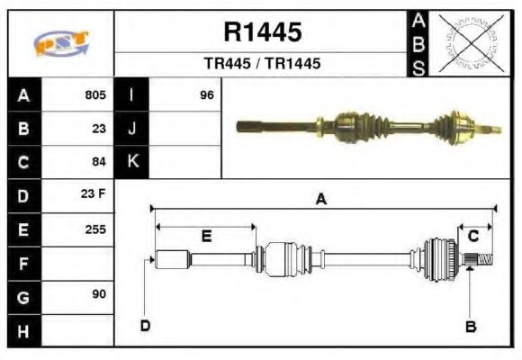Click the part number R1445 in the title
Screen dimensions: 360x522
pos(262,32)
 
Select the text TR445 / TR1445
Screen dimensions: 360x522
pos(262,64)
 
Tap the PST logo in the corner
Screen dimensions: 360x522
pos(61,43)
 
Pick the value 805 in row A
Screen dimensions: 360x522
pos(95,94)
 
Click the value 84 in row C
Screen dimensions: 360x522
pos(99,162)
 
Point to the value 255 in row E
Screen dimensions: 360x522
pos(95,229)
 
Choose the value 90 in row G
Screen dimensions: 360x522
pos(99,295)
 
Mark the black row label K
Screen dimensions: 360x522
pos(132,162)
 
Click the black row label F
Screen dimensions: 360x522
pos(23,263)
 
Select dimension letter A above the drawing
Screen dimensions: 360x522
pos(320,201)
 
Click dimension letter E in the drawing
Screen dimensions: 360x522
pos(206,237)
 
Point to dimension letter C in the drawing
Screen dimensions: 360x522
pos(472,236)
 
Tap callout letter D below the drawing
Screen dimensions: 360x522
pos(145,326)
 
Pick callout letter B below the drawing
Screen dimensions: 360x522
pos(471,326)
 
